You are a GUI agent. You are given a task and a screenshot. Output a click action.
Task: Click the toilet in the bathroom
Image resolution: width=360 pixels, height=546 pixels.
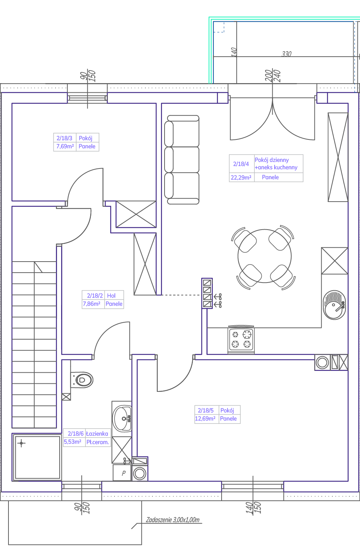tap(82, 380)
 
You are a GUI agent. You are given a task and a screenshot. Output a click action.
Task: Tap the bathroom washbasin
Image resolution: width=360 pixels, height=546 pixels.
tap(122, 418)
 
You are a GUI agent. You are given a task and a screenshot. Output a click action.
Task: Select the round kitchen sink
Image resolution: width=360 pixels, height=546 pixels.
tap(334, 305)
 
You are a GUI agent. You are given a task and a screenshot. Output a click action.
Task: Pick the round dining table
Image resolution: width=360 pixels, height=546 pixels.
tap(265, 256)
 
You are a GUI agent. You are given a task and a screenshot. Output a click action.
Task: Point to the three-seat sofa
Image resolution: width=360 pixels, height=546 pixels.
tap(182, 160)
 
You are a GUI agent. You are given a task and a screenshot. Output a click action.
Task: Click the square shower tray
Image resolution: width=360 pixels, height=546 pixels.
tap(37, 457)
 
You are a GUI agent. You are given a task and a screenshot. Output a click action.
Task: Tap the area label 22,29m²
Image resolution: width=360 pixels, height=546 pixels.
tap(241, 177)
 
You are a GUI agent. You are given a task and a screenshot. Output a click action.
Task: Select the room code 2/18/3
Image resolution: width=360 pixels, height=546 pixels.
tap(64, 138)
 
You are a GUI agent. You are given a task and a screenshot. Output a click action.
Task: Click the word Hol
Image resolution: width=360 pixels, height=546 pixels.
tap(111, 296)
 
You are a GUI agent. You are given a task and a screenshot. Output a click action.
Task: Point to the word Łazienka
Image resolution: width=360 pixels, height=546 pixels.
tap(97, 434)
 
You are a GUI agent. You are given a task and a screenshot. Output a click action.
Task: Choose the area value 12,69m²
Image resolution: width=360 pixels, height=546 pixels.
tap(205, 419)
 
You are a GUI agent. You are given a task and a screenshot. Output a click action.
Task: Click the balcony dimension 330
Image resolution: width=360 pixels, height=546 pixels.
tap(287, 54)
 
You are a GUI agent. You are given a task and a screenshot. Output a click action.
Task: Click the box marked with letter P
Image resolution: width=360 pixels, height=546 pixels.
tap(122, 473)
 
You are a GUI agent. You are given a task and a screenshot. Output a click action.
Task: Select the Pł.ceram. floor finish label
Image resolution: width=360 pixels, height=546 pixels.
tap(98, 442)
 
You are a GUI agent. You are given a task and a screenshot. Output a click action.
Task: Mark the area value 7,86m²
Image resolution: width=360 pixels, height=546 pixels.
tap(92, 304)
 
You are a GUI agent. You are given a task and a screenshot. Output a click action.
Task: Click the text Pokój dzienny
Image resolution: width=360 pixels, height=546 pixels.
tap(272, 160)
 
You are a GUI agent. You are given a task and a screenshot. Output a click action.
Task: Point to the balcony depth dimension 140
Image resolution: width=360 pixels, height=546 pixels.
tap(234, 52)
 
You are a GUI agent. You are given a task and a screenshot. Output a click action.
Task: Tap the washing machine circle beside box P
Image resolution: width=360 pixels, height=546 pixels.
tap(140, 474)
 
